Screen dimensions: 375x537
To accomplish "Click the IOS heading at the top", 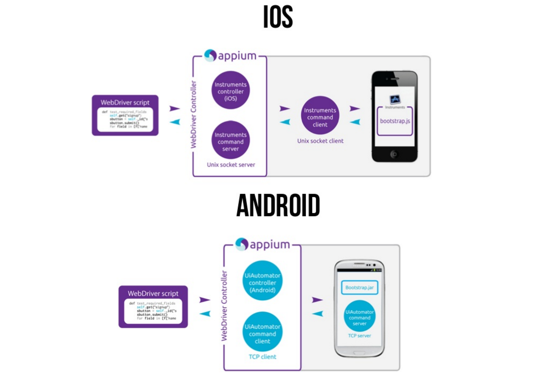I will (278, 17).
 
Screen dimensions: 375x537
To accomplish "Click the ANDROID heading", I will (278, 206).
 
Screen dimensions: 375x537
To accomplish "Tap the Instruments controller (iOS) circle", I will (230, 91).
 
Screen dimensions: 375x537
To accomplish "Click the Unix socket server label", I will (231, 165).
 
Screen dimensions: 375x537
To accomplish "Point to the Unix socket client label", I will (320, 141).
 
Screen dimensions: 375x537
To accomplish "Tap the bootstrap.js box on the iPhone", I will (395, 121).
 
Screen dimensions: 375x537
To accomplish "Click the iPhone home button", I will (394, 154).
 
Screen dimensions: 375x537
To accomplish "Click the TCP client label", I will (262, 357).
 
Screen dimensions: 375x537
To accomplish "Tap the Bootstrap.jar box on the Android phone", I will (359, 287).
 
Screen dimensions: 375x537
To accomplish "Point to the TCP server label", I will (360, 336).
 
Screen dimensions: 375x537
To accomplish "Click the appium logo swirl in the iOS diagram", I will (210, 56).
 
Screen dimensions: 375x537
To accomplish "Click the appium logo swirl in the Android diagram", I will (242, 244).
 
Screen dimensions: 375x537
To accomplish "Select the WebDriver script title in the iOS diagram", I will (125, 102).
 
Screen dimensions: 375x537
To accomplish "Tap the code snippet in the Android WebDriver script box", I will (153, 311).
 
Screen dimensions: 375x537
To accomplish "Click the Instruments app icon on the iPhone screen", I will (395, 100).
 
